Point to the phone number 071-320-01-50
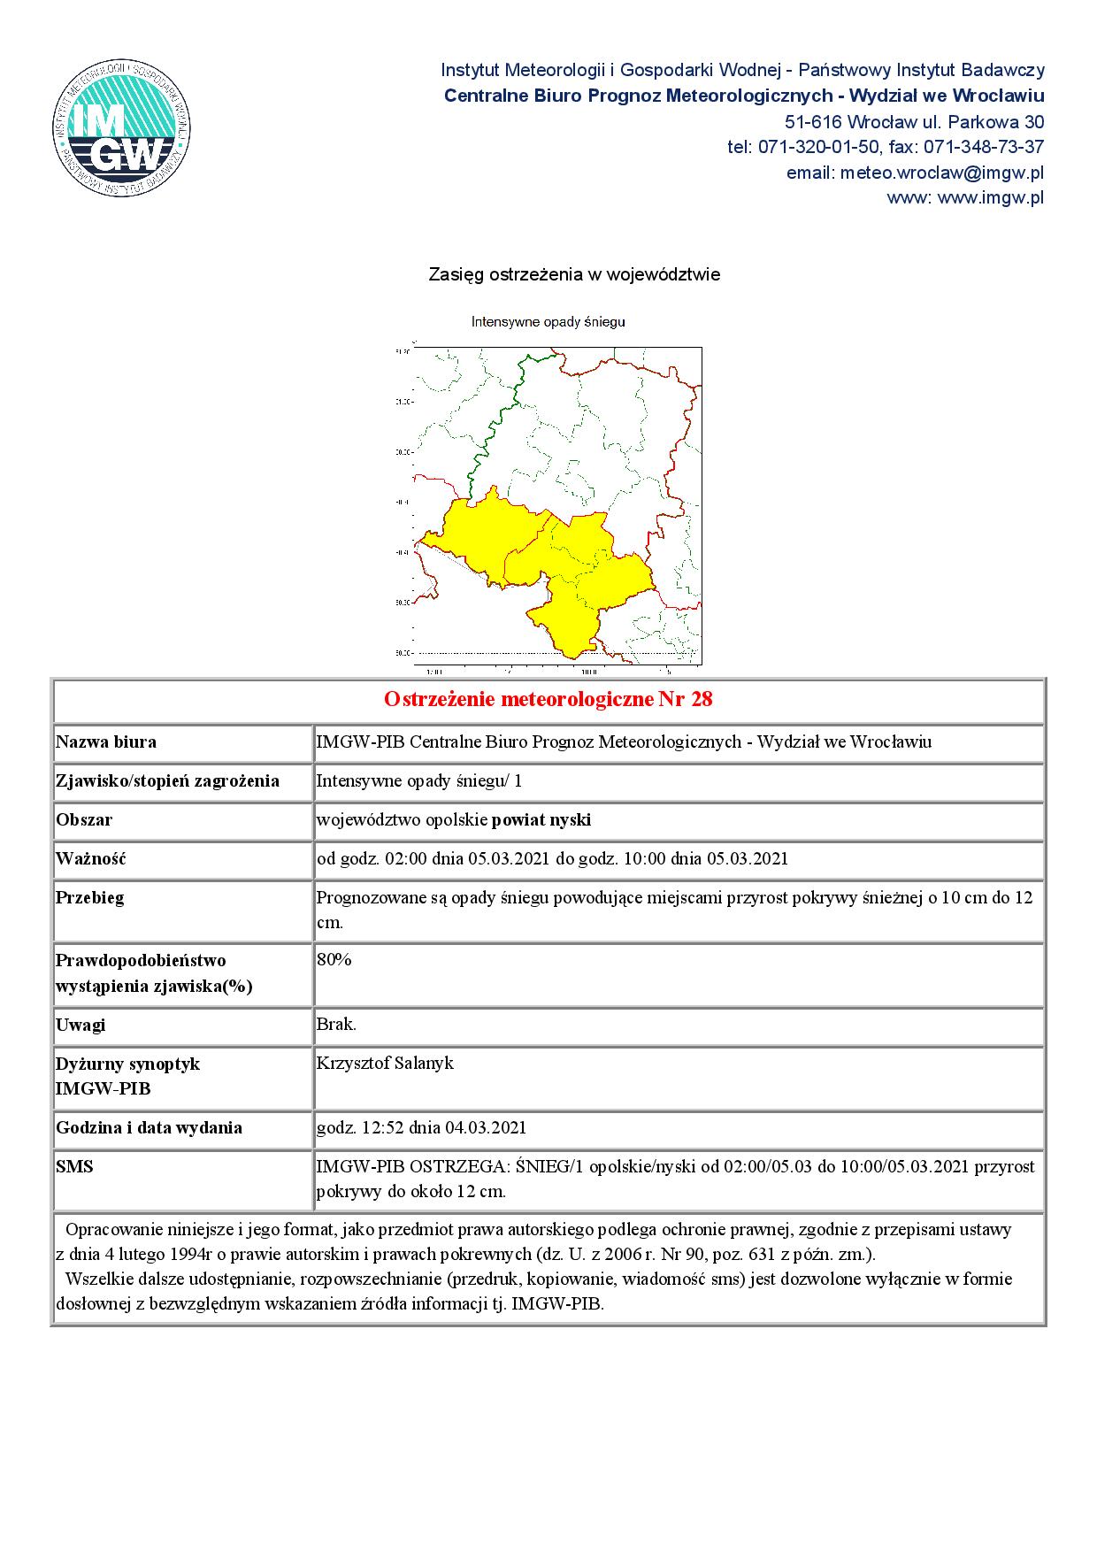[x=812, y=147]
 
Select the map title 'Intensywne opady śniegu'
[x=548, y=322]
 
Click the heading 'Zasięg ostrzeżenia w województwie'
[x=574, y=275]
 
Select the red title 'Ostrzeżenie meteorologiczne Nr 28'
[x=548, y=700]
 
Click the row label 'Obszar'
[x=84, y=819]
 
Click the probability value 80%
[x=334, y=960]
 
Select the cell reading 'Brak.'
[x=336, y=1025]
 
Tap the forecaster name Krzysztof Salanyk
[x=385, y=1064]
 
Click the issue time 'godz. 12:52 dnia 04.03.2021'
[x=421, y=1127]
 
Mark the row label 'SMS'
[x=74, y=1166]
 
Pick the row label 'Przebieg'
[x=89, y=897]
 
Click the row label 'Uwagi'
[x=81, y=1025]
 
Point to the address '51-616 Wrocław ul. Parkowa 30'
[x=914, y=121]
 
